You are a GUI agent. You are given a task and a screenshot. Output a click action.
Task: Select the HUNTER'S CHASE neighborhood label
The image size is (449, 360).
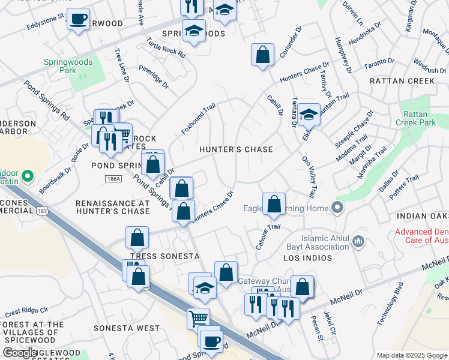(x=236, y=149)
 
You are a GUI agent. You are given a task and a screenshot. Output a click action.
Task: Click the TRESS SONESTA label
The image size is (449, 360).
(x=164, y=256)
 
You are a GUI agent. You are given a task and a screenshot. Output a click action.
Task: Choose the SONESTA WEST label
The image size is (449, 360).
(x=127, y=328)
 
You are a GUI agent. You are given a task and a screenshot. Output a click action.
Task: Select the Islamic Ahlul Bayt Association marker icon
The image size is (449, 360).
(x=359, y=241)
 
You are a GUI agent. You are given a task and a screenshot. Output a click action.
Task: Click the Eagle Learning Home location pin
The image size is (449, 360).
(x=337, y=208)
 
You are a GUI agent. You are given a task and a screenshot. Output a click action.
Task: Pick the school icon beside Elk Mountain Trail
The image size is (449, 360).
(x=309, y=114)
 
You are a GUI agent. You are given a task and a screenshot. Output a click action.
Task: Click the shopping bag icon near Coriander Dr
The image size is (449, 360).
(x=262, y=55)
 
